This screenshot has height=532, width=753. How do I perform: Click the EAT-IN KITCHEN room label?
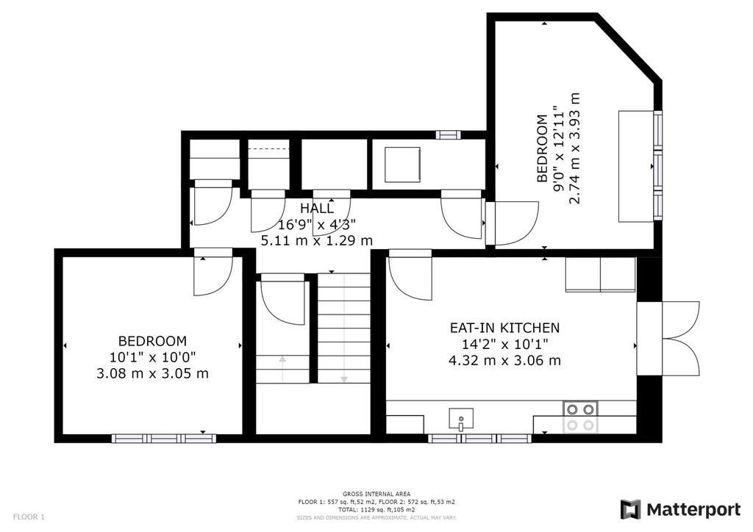click(x=504, y=328)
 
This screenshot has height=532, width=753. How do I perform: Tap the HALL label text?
click(x=316, y=208)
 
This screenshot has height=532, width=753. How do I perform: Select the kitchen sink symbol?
click(x=461, y=419)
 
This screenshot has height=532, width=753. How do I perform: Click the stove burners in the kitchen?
click(x=580, y=417)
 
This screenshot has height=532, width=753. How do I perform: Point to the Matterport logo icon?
click(x=630, y=509)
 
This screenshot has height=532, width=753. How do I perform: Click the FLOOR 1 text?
click(x=29, y=517)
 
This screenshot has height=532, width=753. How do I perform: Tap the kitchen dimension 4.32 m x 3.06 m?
click(x=504, y=360)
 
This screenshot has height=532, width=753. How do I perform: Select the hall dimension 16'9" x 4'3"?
click(x=317, y=224)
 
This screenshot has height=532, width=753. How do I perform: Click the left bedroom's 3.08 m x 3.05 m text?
click(x=153, y=373)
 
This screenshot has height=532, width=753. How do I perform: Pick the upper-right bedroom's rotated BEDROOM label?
click(x=542, y=148)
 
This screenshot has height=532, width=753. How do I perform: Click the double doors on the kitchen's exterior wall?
click(x=668, y=338)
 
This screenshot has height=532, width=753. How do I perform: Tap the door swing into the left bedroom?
click(x=213, y=272)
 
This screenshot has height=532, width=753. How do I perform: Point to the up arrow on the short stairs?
click(x=282, y=369)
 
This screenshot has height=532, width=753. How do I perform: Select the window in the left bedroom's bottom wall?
click(x=164, y=439)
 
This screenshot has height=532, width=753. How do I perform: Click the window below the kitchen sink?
click(x=479, y=439)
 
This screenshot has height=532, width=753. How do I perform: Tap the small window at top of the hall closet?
click(x=448, y=134)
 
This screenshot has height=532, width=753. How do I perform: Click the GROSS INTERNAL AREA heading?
click(x=376, y=494)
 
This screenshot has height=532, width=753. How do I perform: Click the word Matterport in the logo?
click(x=693, y=509)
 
